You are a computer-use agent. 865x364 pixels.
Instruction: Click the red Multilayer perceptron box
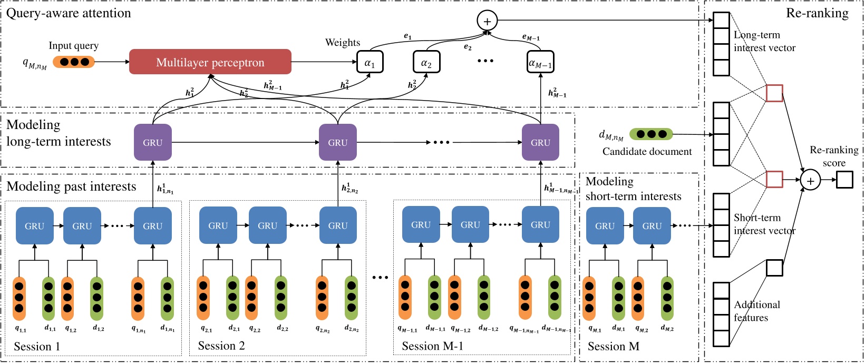pos(210,62)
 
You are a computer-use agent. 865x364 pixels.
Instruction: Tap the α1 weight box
pos(370,63)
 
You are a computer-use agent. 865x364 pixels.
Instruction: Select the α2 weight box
pos(426,63)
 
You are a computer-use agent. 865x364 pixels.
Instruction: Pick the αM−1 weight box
pos(540,63)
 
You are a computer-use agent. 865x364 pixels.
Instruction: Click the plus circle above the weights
pos(487,21)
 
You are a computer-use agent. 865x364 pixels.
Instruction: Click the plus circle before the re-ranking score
pos(810,181)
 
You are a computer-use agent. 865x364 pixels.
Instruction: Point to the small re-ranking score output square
pos(844,180)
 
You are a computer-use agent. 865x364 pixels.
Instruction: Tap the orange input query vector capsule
pos(74,62)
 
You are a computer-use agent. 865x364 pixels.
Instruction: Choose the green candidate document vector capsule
pos(651,134)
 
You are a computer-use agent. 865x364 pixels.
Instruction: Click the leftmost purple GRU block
pos(153,142)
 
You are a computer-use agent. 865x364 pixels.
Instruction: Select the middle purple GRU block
pos(338,142)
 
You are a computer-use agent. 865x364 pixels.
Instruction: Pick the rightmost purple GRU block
pos(540,142)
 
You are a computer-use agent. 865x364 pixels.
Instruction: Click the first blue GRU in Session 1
pos(35,226)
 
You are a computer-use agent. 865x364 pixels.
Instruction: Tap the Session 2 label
pos(221,346)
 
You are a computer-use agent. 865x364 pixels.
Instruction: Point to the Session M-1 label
pos(432,346)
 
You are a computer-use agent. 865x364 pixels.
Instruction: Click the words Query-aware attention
pos(69,13)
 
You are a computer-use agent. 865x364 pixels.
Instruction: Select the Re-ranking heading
pos(817,13)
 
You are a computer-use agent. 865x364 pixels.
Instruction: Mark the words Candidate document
pos(647,152)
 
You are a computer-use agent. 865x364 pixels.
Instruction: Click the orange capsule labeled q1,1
pos(20,298)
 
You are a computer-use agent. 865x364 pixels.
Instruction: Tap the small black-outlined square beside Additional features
pos(774,268)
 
